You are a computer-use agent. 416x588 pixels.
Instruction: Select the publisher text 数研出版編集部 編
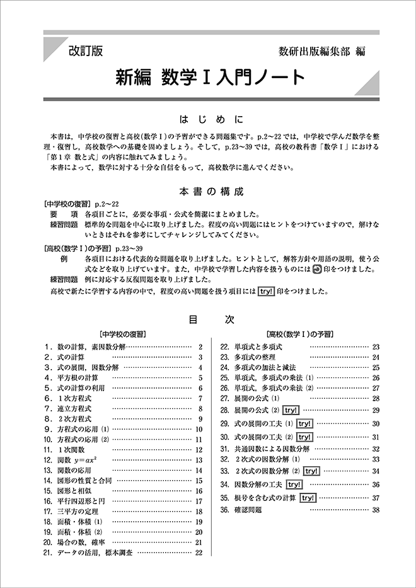pyautogui.click(x=321, y=52)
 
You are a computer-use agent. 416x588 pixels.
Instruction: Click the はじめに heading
pyautogui.click(x=207, y=119)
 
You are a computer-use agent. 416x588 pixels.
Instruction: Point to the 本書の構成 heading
pyautogui.click(x=207, y=191)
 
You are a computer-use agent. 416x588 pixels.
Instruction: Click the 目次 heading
pyautogui.click(x=207, y=319)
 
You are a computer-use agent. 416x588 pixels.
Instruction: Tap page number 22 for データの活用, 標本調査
pyautogui.click(x=199, y=553)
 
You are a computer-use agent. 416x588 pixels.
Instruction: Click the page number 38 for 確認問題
pyautogui.click(x=376, y=510)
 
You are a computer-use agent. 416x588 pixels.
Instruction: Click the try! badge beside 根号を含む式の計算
pyautogui.click(x=308, y=498)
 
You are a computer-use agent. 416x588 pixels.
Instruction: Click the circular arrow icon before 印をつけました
pyautogui.click(x=317, y=268)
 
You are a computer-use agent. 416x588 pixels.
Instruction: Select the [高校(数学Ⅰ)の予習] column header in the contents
pyautogui.click(x=299, y=334)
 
